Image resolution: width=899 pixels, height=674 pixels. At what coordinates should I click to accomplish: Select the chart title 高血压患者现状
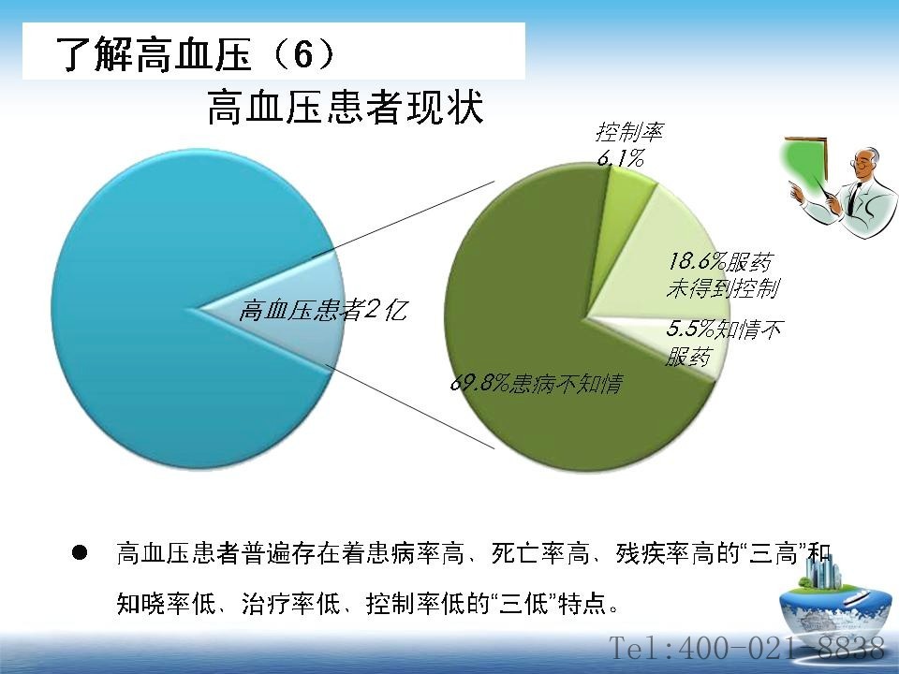[346, 107]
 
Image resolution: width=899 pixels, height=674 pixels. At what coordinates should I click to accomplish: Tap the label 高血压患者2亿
[323, 311]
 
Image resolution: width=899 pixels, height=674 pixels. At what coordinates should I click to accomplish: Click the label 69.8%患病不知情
[536, 384]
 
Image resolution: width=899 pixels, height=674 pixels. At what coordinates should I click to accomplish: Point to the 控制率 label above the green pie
[629, 132]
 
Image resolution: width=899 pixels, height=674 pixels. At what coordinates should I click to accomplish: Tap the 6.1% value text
[620, 157]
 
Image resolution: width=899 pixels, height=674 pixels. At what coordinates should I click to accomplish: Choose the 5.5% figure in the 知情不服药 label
[690, 329]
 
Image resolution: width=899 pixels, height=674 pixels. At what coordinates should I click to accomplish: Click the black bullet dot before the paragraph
[80, 553]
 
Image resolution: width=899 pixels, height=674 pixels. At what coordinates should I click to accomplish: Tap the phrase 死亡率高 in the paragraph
[540, 553]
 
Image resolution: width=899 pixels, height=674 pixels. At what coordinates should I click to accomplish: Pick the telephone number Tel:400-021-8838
[746, 648]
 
